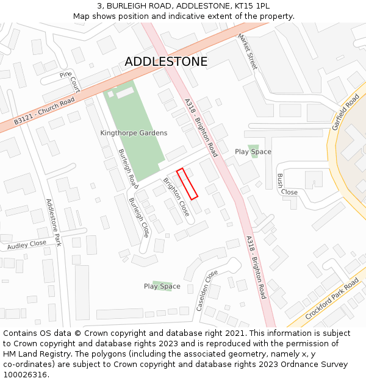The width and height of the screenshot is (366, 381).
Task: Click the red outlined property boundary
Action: click(187, 183)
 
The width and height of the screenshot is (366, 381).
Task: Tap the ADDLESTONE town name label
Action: click(166, 62)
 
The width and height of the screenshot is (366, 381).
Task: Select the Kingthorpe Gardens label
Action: click(134, 133)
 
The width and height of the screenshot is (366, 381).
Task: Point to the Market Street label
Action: click(248, 51)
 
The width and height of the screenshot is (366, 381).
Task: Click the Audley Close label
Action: click(26, 245)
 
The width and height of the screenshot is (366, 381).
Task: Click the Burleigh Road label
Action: click(128, 168)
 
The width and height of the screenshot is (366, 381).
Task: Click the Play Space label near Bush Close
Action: click(253, 152)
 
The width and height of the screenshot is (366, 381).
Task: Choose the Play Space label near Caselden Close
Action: click(162, 286)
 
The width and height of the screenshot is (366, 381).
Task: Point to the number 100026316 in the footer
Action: click(24, 374)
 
